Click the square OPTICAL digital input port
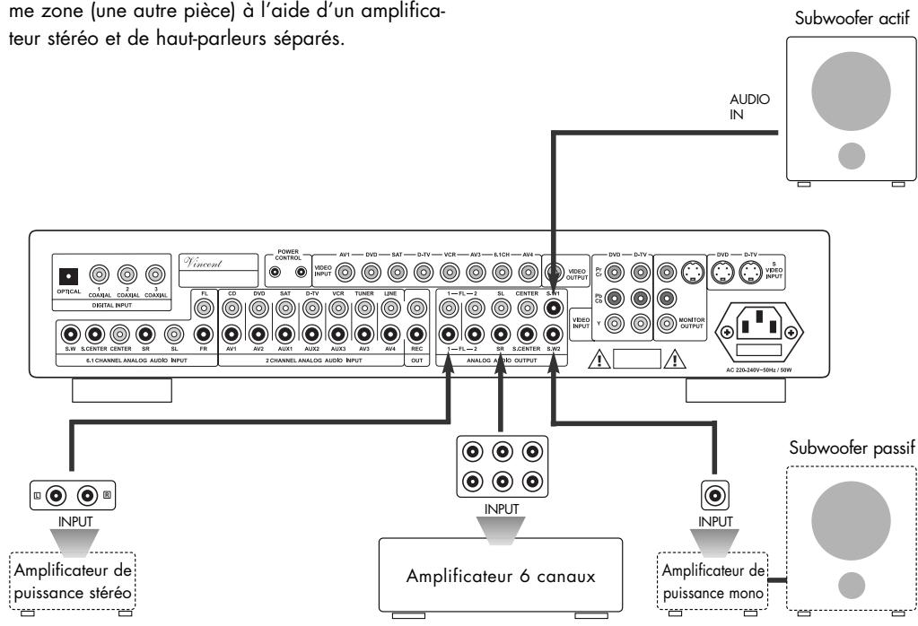pyautogui.click(x=69, y=274)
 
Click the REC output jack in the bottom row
pyautogui.click(x=415, y=336)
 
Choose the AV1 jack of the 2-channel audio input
pyautogui.click(x=232, y=336)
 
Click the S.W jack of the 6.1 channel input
pyautogui.click(x=69, y=336)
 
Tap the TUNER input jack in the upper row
pyautogui.click(x=364, y=308)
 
